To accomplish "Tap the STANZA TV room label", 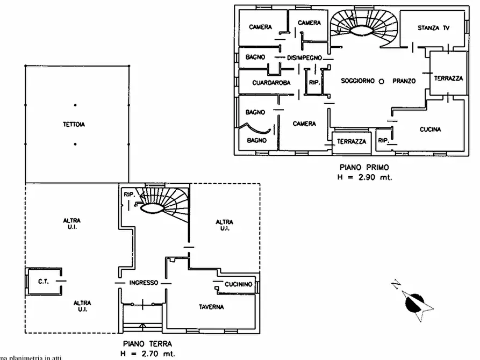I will click(433, 28).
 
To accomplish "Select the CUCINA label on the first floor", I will click(431, 129).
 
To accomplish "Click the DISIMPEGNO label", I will click(304, 57).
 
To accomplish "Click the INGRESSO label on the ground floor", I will click(144, 283).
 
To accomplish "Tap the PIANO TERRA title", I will click(147, 343).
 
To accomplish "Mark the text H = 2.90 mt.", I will click(361, 177).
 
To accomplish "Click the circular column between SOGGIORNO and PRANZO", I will click(381, 81).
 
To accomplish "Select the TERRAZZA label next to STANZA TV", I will click(448, 78).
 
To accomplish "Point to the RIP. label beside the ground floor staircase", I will click(128, 194).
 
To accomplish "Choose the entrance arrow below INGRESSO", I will click(142, 326).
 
